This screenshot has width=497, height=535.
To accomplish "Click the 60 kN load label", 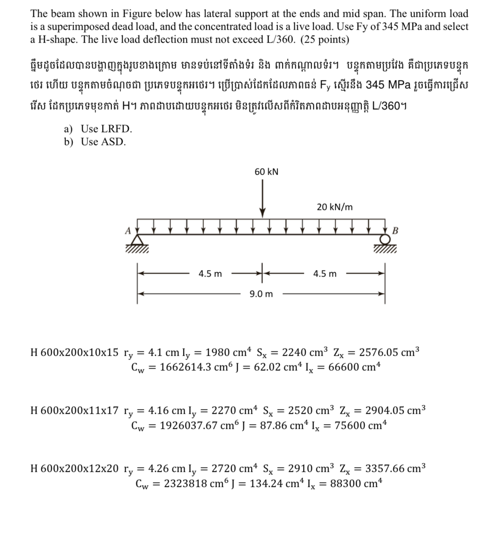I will pos(266,172).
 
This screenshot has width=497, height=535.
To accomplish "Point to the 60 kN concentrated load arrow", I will pos(262,198).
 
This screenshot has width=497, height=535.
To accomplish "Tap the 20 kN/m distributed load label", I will pos(334,207).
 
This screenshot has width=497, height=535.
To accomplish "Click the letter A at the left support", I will pos(127,231).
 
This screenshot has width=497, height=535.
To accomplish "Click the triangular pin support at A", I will pos(137,240).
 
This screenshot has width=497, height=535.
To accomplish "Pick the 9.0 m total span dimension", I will pos(261,294).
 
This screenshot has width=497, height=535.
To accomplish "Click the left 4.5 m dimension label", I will pos(210,274).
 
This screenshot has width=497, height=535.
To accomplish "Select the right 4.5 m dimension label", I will pos(325,274).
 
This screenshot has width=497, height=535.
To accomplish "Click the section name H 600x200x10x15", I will pos(74,353).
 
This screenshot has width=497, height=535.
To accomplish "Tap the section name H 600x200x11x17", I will pos(74,410).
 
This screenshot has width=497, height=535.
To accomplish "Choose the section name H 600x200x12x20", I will pos(74,468).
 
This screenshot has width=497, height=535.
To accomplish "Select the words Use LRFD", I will pos(106,129).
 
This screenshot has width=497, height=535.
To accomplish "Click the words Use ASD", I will pos(103,141).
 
